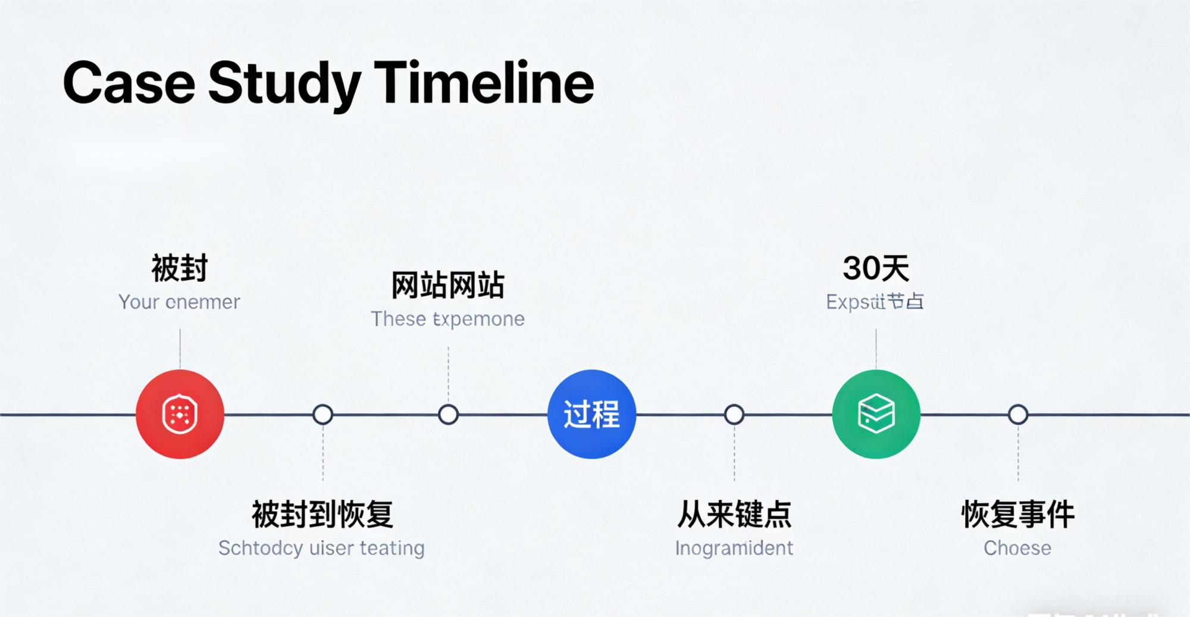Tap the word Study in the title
coord(284,83)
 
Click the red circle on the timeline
coord(180,414)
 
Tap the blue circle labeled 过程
coord(591,414)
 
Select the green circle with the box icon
coord(876,414)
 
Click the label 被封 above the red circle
coord(180,268)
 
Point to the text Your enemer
coord(179,302)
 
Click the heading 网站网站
coord(447,285)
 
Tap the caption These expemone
coord(447,319)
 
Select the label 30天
coord(876,268)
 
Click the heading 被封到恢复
coord(322,515)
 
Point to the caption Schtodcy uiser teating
coord(321,548)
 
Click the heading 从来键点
coord(734,515)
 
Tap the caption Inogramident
coord(734,548)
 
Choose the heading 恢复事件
coord(1018,515)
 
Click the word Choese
coord(1017,548)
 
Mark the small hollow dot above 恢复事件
coord(1018,414)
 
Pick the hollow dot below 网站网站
coord(448,414)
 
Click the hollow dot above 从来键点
coord(734,414)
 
